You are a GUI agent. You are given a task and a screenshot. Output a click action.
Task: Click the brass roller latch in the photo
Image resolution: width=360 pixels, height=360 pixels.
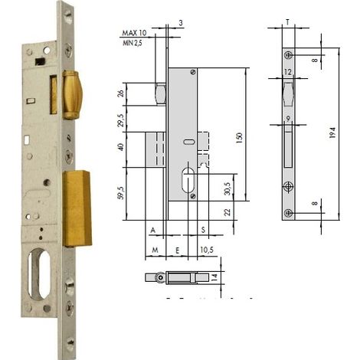pos(72,95)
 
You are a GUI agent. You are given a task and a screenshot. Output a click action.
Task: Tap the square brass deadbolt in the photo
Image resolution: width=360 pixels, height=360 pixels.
pos(77,208)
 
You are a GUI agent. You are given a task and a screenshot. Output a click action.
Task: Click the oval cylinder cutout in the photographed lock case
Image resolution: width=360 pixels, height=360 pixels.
pos(39,274)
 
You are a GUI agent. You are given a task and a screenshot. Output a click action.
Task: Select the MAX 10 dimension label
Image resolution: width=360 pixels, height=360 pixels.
pos(134,33)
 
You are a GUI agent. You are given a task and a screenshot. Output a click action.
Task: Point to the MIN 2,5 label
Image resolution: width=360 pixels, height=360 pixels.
pos(133,43)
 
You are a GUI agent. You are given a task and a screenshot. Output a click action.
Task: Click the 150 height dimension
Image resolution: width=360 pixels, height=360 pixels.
pos(240,138)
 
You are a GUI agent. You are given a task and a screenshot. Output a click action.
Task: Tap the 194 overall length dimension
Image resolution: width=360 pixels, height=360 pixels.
pos(332,133)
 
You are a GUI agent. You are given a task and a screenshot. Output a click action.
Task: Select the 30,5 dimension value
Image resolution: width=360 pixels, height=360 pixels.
pos(227,189)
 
